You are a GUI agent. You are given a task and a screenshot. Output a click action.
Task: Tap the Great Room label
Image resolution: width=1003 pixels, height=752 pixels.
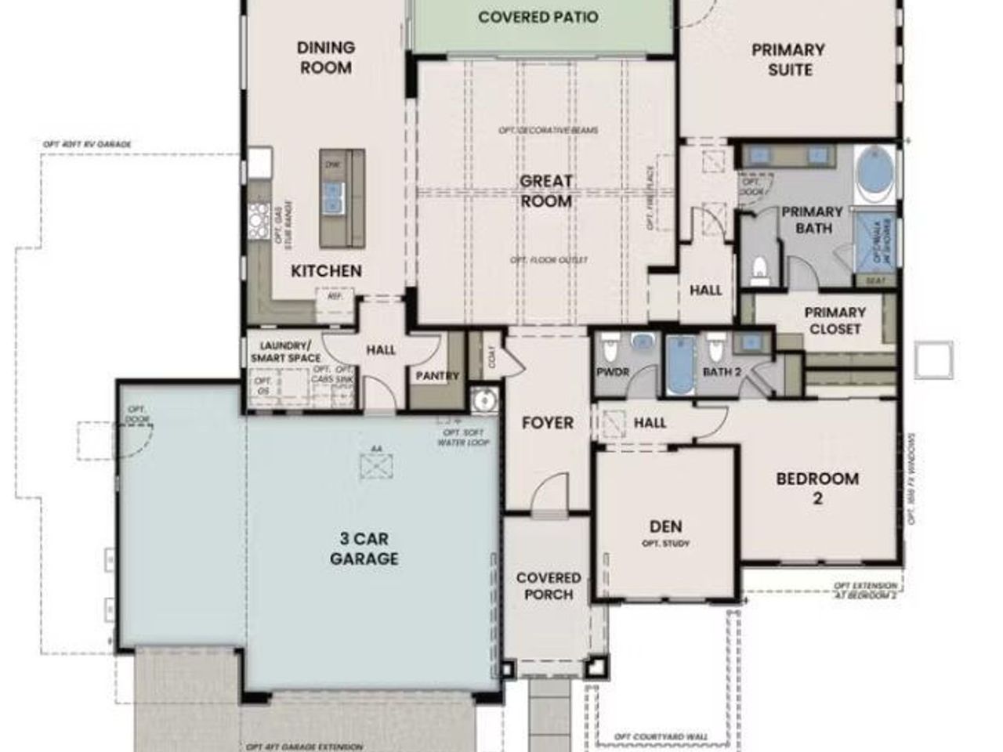click(546, 191)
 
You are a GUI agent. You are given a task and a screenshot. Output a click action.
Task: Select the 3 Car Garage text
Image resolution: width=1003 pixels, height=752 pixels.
click(364, 548)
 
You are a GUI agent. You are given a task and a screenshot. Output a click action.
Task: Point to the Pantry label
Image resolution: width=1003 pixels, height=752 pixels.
click(437, 376)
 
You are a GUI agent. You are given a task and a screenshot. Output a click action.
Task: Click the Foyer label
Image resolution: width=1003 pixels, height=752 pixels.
click(548, 423)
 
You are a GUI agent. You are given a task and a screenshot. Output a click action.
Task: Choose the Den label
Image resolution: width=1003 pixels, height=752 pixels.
click(665, 526)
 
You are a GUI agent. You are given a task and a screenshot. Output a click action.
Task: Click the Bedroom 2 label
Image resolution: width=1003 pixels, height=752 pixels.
click(817, 487)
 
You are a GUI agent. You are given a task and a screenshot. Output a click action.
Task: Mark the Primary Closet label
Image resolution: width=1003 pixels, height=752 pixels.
click(835, 320)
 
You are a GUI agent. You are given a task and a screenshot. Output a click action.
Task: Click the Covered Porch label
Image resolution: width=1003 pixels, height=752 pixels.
click(549, 586)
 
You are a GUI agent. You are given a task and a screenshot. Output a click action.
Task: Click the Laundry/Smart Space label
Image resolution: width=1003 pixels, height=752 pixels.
click(285, 352)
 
